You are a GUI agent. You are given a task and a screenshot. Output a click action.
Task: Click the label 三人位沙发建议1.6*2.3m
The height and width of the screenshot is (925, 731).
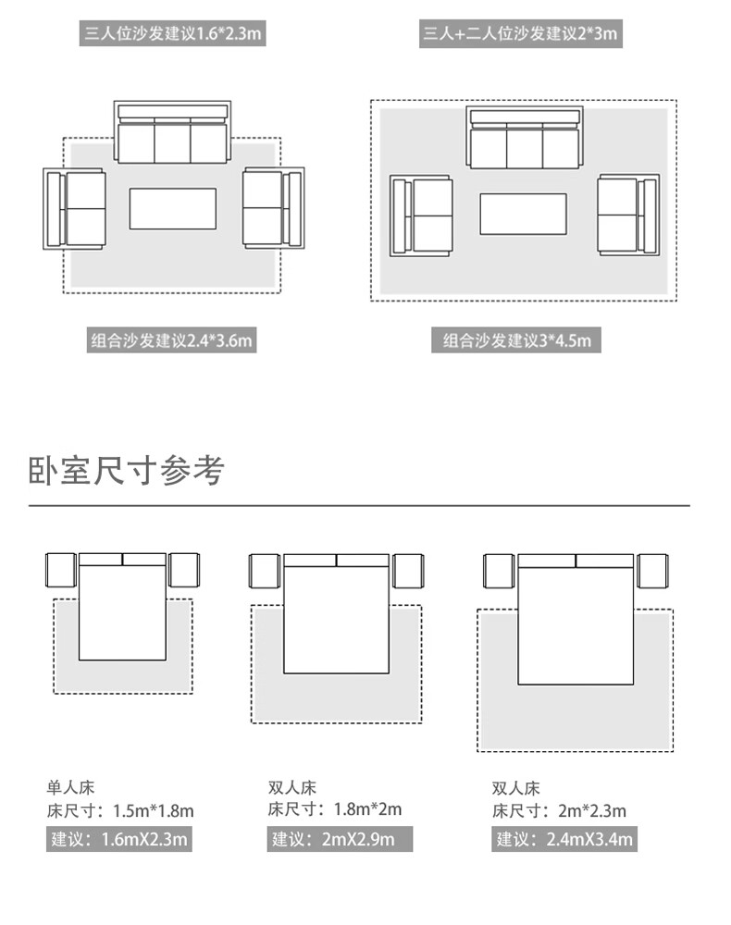click(174, 35)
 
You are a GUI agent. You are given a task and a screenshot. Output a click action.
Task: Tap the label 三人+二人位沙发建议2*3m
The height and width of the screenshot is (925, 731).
click(519, 35)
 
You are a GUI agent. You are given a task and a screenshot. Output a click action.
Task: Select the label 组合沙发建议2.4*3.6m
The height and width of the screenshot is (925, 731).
click(171, 340)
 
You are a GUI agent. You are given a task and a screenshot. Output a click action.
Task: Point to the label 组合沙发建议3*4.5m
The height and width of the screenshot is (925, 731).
click(516, 340)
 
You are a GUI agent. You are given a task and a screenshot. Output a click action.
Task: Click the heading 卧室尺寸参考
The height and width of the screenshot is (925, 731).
click(127, 471)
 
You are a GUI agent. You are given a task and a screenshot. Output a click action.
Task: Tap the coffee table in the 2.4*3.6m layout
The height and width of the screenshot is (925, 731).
click(172, 208)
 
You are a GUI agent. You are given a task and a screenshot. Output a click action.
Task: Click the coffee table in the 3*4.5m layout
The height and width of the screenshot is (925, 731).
click(523, 214)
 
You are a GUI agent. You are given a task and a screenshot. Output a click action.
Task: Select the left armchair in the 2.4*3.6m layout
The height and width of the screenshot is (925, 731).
click(74, 208)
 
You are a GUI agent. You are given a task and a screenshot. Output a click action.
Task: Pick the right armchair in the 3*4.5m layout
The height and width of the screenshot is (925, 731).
click(628, 215)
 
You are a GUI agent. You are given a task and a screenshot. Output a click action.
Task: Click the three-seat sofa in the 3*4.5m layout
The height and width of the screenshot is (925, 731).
click(525, 139)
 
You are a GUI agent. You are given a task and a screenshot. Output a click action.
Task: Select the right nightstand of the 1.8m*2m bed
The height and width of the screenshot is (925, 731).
click(408, 571)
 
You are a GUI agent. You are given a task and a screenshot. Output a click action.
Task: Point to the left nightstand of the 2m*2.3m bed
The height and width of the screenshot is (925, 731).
click(499, 571)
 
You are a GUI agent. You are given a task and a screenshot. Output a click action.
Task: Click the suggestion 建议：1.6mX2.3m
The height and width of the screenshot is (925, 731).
click(120, 840)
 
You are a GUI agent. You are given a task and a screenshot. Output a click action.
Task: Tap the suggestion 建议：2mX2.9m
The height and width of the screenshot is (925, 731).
click(341, 840)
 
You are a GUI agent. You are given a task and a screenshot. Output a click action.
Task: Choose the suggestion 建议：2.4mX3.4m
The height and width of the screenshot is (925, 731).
click(564, 840)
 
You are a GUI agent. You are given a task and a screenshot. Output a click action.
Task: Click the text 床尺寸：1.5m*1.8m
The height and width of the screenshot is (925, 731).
click(120, 811)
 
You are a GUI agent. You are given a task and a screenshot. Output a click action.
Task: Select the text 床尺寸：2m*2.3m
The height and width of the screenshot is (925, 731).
click(559, 811)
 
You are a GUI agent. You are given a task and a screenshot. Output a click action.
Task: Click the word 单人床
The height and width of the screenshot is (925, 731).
click(70, 788)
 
